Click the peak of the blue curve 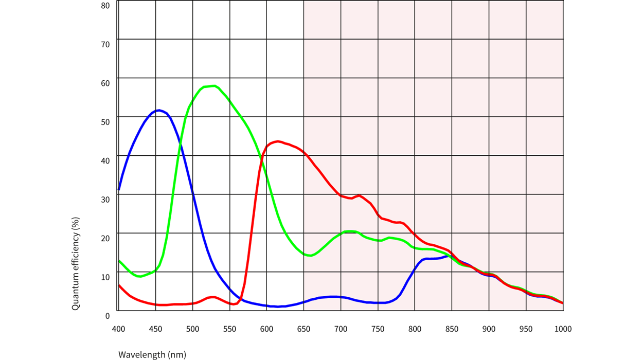pos(159,110)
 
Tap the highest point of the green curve pos(213,86)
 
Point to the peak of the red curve pos(278,141)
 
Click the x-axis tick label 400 pos(118,329)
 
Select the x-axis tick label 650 pos(303,329)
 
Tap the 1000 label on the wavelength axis pos(563,329)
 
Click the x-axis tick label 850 pos(452,329)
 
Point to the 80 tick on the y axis pos(105,6)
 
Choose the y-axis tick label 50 pos(105,122)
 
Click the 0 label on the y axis pos(108,315)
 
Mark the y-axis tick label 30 pos(105,199)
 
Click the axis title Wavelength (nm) pos(152,354)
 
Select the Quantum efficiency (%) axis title pos(76,263)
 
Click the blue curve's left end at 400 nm pos(119,190)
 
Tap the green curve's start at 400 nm pos(119,260)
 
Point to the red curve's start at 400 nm pos(119,285)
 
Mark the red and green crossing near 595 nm pos(263,161)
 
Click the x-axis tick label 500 pos(192,329)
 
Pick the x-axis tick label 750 pos(378,329)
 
